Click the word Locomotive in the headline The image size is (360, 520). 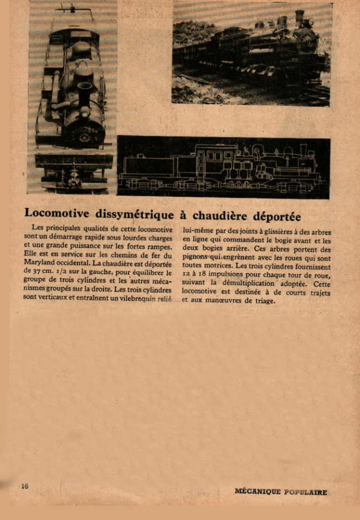coord(56,214)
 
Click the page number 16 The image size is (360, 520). coord(24,486)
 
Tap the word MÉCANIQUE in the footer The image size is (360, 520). coord(257,491)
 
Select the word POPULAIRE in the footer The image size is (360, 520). coord(306,491)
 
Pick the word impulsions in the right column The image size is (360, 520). coord(238,275)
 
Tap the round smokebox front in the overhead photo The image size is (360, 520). coord(85,134)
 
